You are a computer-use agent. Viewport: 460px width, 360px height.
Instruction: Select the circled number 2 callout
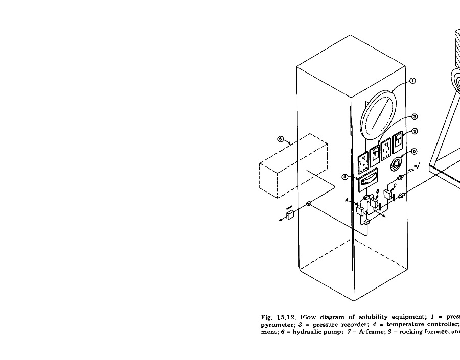point(415,131)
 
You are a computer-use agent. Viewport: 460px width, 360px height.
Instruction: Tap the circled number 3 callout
point(415,117)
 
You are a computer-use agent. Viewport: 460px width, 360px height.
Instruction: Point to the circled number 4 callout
point(346,177)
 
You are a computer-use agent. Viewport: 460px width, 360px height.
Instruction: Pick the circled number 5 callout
point(414,151)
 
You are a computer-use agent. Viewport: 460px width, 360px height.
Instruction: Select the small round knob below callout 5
point(396,164)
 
